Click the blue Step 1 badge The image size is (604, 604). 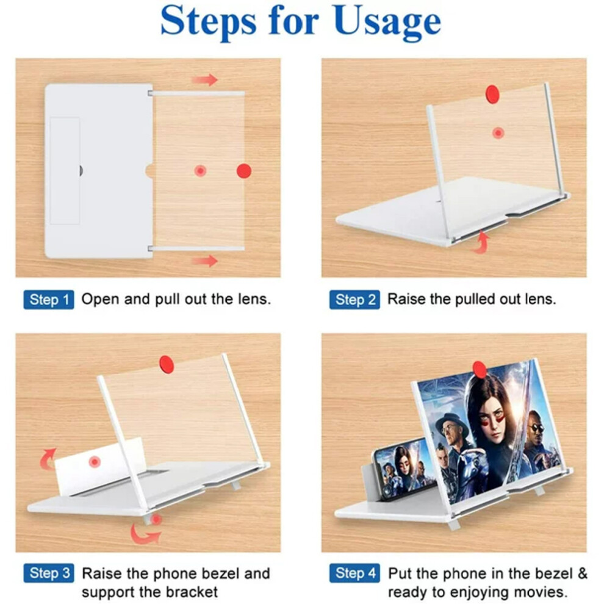coord(49,300)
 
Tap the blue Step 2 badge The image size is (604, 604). coord(354,300)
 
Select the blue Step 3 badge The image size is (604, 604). coord(49,573)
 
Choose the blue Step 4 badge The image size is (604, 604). coord(354,573)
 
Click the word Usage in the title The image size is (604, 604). coord(387,21)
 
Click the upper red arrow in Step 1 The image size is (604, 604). coord(204,80)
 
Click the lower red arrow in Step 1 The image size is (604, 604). coord(204,261)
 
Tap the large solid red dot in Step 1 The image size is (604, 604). coord(244,171)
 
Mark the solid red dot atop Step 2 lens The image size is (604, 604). coord(492,95)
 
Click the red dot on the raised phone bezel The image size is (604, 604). coord(95,461)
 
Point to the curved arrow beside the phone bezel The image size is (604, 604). coord(47,459)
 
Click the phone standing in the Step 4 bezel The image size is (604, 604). coord(401,468)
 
